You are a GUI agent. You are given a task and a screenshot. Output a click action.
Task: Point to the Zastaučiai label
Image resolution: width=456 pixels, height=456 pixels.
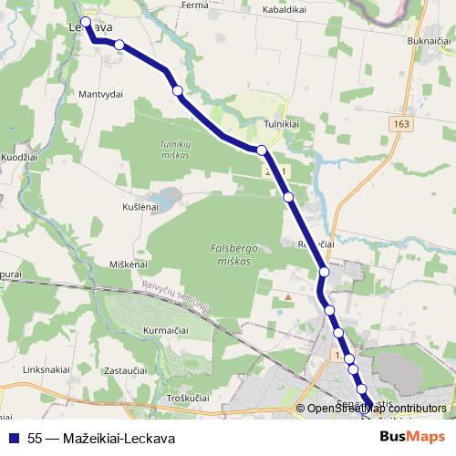coord(126,371)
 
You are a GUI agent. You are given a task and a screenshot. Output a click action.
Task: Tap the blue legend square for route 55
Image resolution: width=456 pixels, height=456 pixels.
coord(12,437)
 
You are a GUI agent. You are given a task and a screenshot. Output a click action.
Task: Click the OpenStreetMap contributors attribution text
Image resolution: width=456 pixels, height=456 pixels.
coord(377,409)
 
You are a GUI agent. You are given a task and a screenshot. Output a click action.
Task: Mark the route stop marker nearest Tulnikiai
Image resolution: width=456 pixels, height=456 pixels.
coord(262,150)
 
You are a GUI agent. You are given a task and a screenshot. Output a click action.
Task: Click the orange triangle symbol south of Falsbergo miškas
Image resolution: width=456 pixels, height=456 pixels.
coord(288,296)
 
